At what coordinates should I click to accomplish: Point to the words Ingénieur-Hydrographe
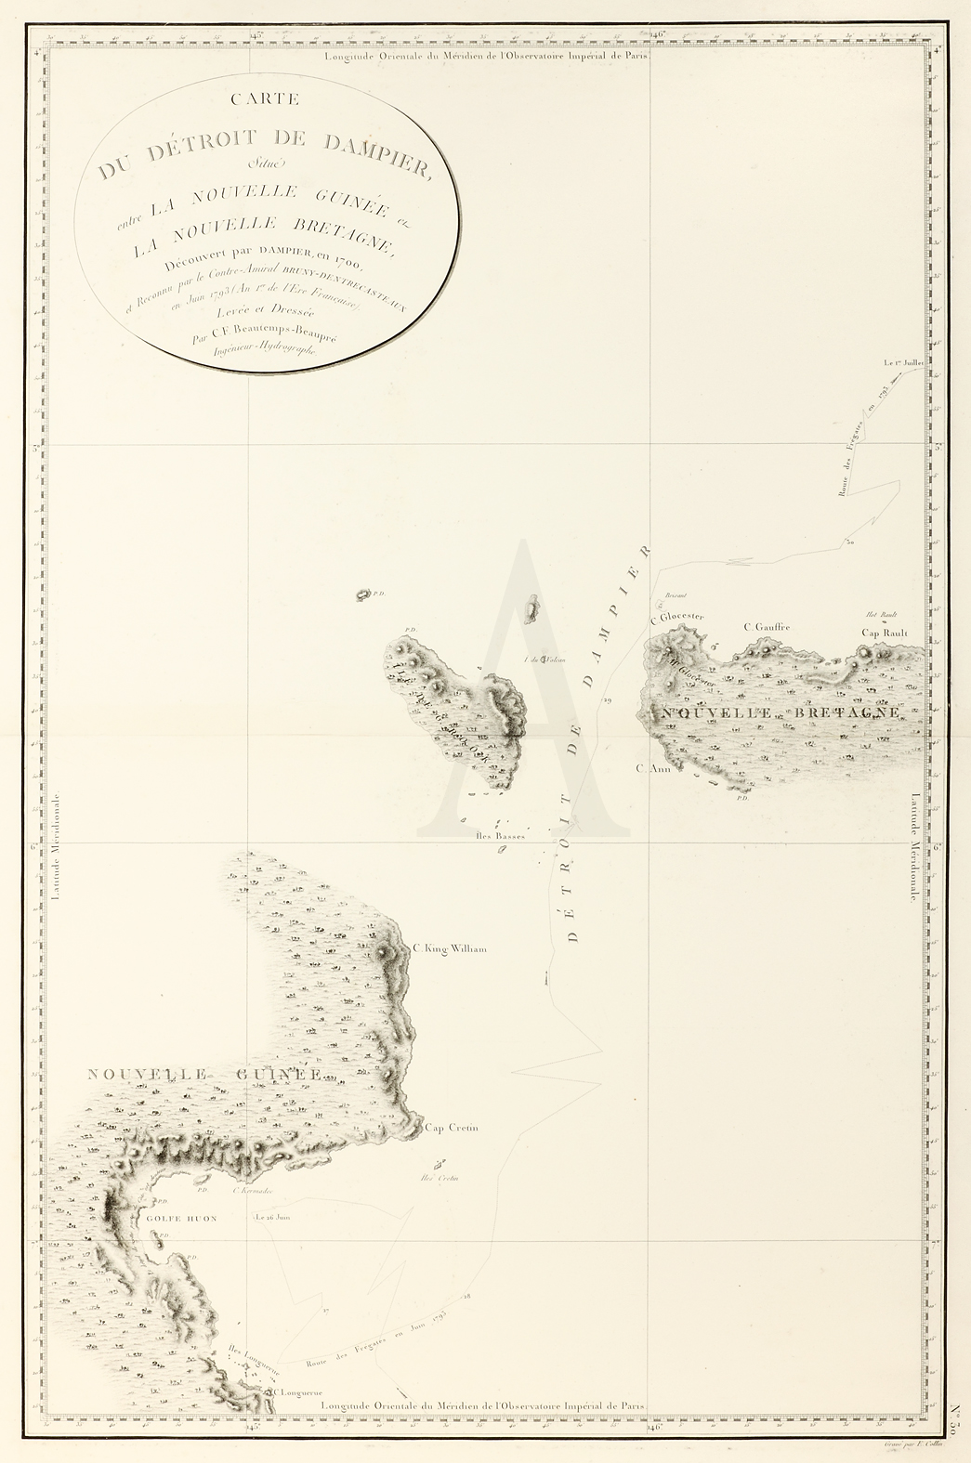pos(266,349)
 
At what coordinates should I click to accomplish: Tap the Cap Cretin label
pos(451,1128)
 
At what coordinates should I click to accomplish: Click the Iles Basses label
pos(499,836)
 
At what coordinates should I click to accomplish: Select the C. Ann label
pos(653,768)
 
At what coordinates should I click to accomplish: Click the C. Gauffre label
pos(767,627)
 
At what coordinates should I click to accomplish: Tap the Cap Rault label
pos(884,633)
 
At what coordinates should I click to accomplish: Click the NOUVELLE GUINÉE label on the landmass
pos(204,1075)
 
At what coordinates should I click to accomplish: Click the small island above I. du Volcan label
pos(531,608)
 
